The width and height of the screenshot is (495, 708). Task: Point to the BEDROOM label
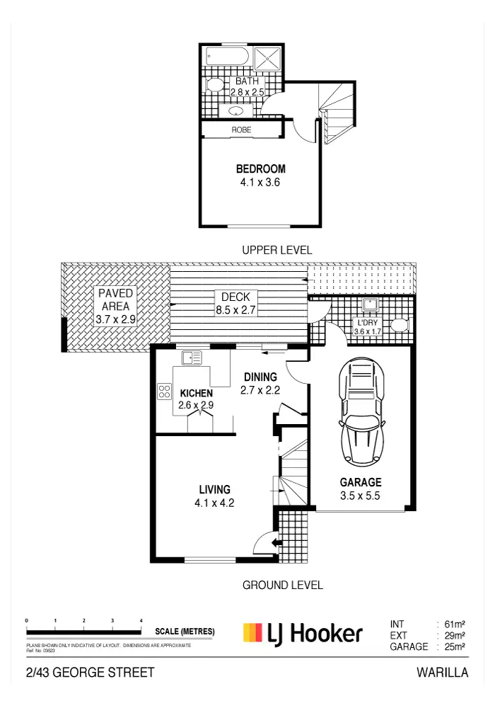(x=261, y=169)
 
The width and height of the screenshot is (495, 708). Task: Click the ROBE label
(x=241, y=130)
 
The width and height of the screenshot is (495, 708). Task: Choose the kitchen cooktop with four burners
(x=165, y=391)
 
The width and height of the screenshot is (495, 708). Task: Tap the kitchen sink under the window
(x=192, y=358)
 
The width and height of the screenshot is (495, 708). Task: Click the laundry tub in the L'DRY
(x=368, y=306)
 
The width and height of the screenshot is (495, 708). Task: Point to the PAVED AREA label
(x=115, y=299)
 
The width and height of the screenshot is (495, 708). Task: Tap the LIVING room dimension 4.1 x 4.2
(x=214, y=503)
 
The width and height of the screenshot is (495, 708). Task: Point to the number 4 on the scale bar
(x=141, y=620)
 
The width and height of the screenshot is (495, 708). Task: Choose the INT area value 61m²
(x=454, y=624)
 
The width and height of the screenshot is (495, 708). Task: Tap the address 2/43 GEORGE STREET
(x=90, y=673)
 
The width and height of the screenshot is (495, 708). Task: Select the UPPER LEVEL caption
(x=276, y=251)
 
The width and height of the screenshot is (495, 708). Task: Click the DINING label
(x=261, y=377)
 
